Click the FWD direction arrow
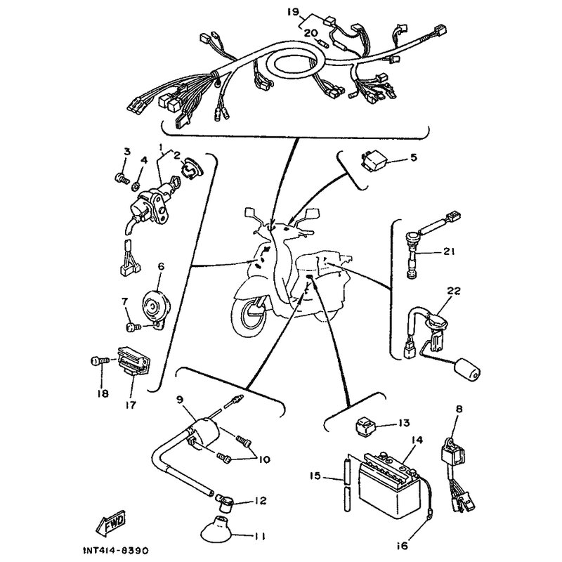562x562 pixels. tap(111, 519)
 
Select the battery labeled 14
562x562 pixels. tap(389, 476)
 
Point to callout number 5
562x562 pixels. tap(414, 157)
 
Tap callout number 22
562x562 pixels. tap(452, 291)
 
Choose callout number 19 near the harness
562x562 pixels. tap(293, 12)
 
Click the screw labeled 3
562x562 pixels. tap(122, 178)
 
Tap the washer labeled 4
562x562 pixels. tap(136, 186)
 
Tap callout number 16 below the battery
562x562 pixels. tap(403, 546)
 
